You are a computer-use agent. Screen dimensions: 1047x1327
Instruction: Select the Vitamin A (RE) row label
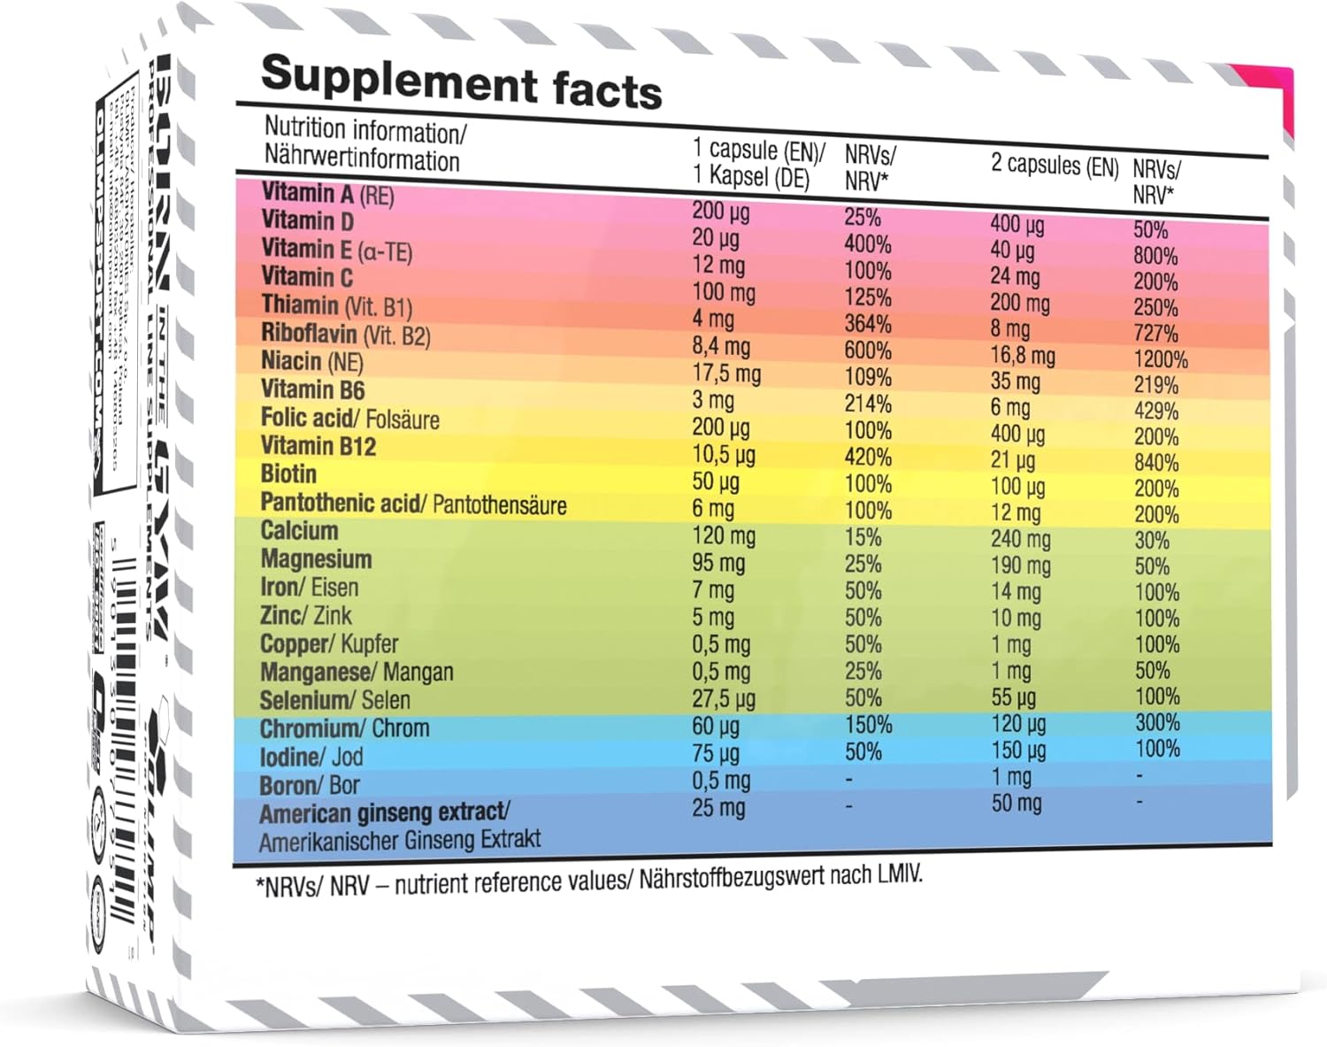[x=327, y=193]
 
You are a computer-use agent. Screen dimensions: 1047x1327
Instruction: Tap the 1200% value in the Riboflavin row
[x=1160, y=359]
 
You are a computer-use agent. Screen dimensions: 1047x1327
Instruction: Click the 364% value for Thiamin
[x=867, y=324]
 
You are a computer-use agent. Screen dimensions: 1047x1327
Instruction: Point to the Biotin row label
[x=288, y=474]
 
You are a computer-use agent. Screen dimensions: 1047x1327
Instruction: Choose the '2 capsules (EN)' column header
[x=1055, y=166]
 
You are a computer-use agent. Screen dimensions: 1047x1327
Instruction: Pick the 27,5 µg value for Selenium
[x=723, y=698]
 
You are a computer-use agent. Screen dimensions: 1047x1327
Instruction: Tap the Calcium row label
[x=299, y=531]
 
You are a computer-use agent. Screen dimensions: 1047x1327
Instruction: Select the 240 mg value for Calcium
[x=1020, y=539]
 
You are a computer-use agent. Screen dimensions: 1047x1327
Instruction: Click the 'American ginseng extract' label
[x=384, y=812]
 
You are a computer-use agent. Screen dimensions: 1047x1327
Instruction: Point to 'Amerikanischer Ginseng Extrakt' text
[x=399, y=840]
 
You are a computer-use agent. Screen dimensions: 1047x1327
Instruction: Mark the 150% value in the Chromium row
[x=868, y=725]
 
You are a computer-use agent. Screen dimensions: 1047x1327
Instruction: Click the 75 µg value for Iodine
[x=715, y=753]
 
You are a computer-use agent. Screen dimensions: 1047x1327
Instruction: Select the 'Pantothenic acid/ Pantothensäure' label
[x=413, y=504]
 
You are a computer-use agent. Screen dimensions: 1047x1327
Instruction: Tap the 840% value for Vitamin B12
[x=1155, y=463]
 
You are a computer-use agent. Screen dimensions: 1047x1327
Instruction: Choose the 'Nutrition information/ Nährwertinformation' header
[x=363, y=144]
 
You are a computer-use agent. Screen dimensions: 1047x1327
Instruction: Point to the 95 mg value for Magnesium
[x=717, y=563]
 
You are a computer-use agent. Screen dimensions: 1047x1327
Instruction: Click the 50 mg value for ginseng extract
[x=1016, y=804]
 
